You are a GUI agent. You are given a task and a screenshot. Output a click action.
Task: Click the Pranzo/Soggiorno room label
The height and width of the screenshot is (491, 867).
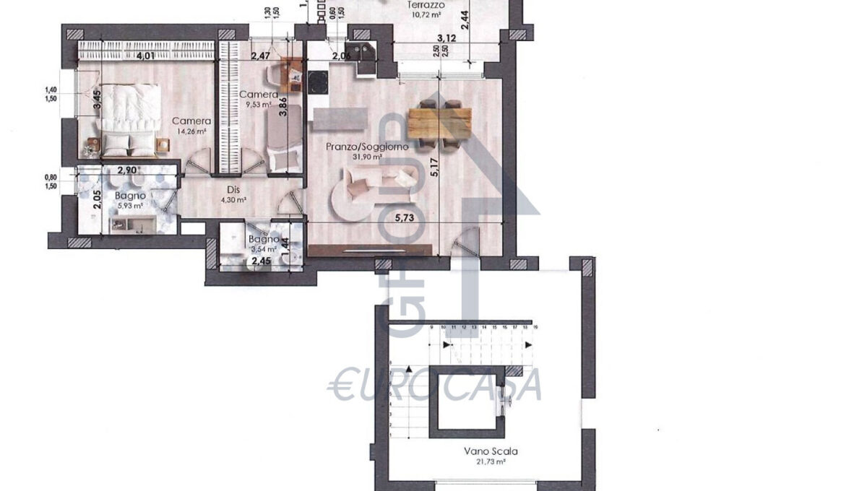point(366,147)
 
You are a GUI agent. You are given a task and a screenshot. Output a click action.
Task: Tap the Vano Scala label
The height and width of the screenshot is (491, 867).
point(491,451)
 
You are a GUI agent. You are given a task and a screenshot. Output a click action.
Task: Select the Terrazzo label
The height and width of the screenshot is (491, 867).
point(425,4)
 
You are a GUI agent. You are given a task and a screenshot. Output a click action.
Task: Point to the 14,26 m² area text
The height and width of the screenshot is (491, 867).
point(191,131)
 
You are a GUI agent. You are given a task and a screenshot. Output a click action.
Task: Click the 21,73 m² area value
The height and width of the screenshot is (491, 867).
point(491,461)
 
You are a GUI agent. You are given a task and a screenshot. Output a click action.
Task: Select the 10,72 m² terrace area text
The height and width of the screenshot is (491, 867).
point(425,14)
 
